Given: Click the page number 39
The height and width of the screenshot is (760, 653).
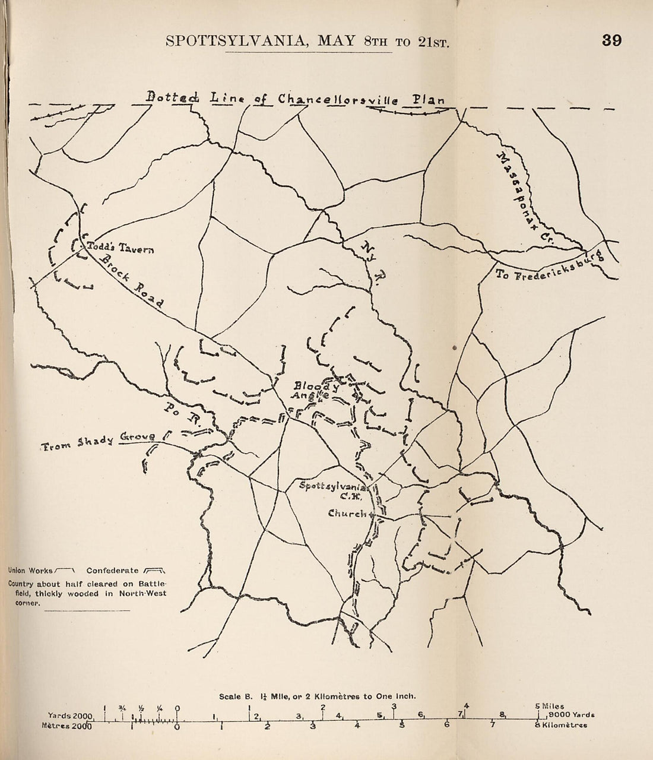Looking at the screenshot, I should [611, 40].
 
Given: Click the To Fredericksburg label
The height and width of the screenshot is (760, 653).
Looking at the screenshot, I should [549, 267].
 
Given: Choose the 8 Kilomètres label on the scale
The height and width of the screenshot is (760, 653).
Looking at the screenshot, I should [562, 724].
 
